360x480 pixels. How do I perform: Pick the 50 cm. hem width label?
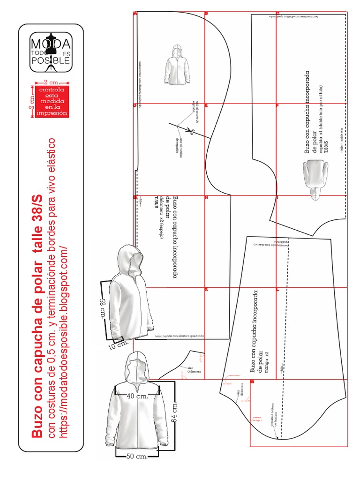[137, 456]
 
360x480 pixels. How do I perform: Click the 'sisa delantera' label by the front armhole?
[193, 370]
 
